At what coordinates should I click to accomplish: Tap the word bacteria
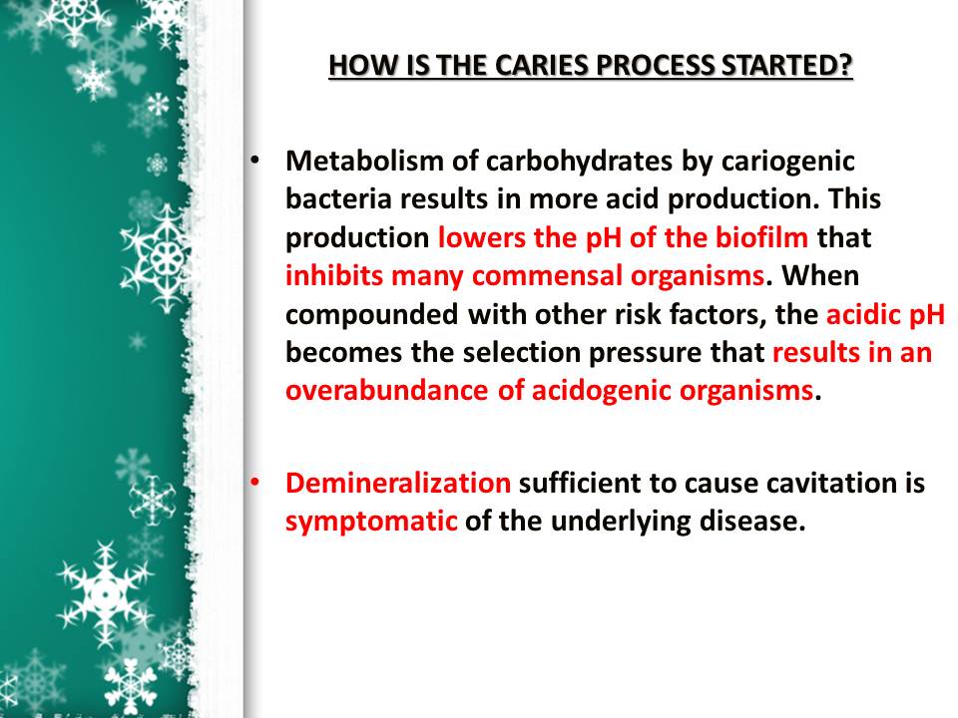336,199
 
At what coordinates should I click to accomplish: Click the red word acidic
863,315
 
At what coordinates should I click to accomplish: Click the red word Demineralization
397,484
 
